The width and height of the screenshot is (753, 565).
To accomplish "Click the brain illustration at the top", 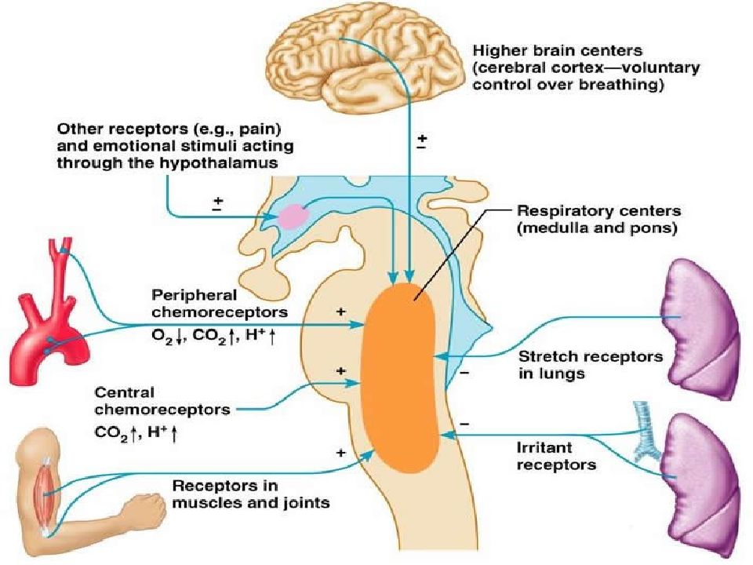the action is (363, 63).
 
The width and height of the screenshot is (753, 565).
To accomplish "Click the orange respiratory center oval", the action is (399, 377).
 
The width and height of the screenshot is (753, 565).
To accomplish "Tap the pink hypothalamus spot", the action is (293, 216).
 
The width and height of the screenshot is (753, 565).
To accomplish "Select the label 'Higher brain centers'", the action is (558, 51).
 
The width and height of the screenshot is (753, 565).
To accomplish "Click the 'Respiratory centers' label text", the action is (598, 210).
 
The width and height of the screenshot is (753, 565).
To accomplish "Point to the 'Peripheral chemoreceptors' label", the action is (220, 303).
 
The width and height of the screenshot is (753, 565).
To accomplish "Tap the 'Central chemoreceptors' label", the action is (162, 401).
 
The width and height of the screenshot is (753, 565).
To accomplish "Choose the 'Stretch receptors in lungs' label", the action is (591, 365).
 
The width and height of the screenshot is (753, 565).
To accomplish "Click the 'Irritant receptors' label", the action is (557, 457).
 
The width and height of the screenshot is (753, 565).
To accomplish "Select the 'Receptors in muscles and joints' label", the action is (251, 494).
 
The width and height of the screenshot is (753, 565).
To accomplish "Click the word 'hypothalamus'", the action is (219, 163).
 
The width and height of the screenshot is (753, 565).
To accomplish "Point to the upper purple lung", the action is (700, 329).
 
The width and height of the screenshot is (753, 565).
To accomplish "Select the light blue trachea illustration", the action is (642, 432).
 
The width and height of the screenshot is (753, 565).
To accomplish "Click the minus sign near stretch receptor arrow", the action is (464, 372).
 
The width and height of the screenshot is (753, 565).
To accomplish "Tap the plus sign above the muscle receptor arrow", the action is (341, 453).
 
